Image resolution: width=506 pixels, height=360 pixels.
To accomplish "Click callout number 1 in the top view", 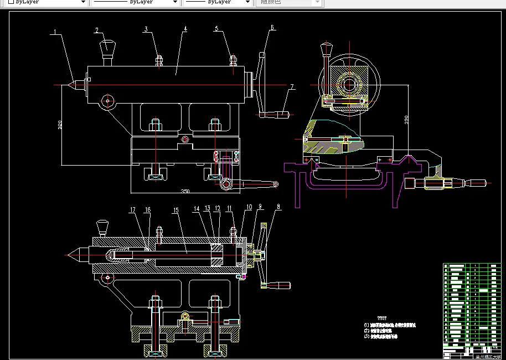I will click(x=55, y=32).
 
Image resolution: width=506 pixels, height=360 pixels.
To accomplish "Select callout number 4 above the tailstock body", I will click(x=185, y=28).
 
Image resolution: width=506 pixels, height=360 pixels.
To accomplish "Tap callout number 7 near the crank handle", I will click(x=291, y=86).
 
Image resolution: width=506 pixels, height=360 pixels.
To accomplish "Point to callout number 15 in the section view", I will click(x=175, y=210).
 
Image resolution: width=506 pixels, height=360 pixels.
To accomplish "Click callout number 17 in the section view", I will click(x=133, y=210).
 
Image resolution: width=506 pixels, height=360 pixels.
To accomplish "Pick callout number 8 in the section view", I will click(x=278, y=206).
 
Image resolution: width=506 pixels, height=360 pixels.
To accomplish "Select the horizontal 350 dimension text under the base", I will click(x=185, y=191).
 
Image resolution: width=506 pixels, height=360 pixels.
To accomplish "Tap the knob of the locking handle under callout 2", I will click(x=106, y=45).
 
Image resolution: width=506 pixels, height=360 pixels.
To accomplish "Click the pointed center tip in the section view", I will click(x=71, y=255).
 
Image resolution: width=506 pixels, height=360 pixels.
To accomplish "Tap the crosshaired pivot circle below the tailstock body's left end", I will click(x=107, y=101).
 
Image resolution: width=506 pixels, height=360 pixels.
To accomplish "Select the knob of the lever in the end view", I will click(x=325, y=50).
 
